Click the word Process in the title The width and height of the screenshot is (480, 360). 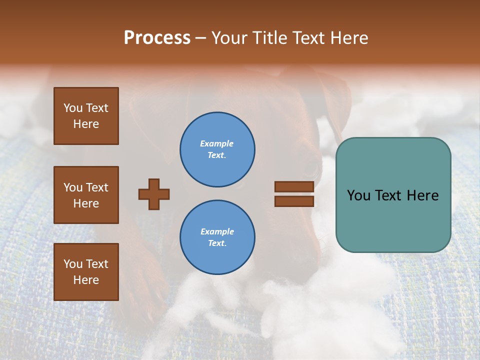point(157,38)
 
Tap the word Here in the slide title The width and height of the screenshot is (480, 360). point(348,38)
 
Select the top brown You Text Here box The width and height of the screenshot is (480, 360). point(86,116)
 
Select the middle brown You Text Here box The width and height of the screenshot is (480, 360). point(86,195)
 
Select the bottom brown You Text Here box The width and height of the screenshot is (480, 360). point(86,272)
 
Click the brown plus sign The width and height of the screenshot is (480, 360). point(154,194)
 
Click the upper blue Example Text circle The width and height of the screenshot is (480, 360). point(217,149)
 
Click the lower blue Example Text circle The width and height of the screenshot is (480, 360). point(217,237)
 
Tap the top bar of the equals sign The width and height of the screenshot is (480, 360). point(294,186)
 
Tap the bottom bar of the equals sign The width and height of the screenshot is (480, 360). point(294,201)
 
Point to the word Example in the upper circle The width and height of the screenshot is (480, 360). point(217,143)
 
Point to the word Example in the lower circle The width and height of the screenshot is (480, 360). point(217,231)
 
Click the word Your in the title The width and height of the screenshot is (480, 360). point(230,38)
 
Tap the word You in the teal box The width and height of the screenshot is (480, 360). point(358,195)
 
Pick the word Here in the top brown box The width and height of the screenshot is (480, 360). point(86,124)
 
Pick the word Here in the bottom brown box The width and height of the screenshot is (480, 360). point(86,280)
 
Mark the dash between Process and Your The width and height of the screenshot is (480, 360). point(201,38)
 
